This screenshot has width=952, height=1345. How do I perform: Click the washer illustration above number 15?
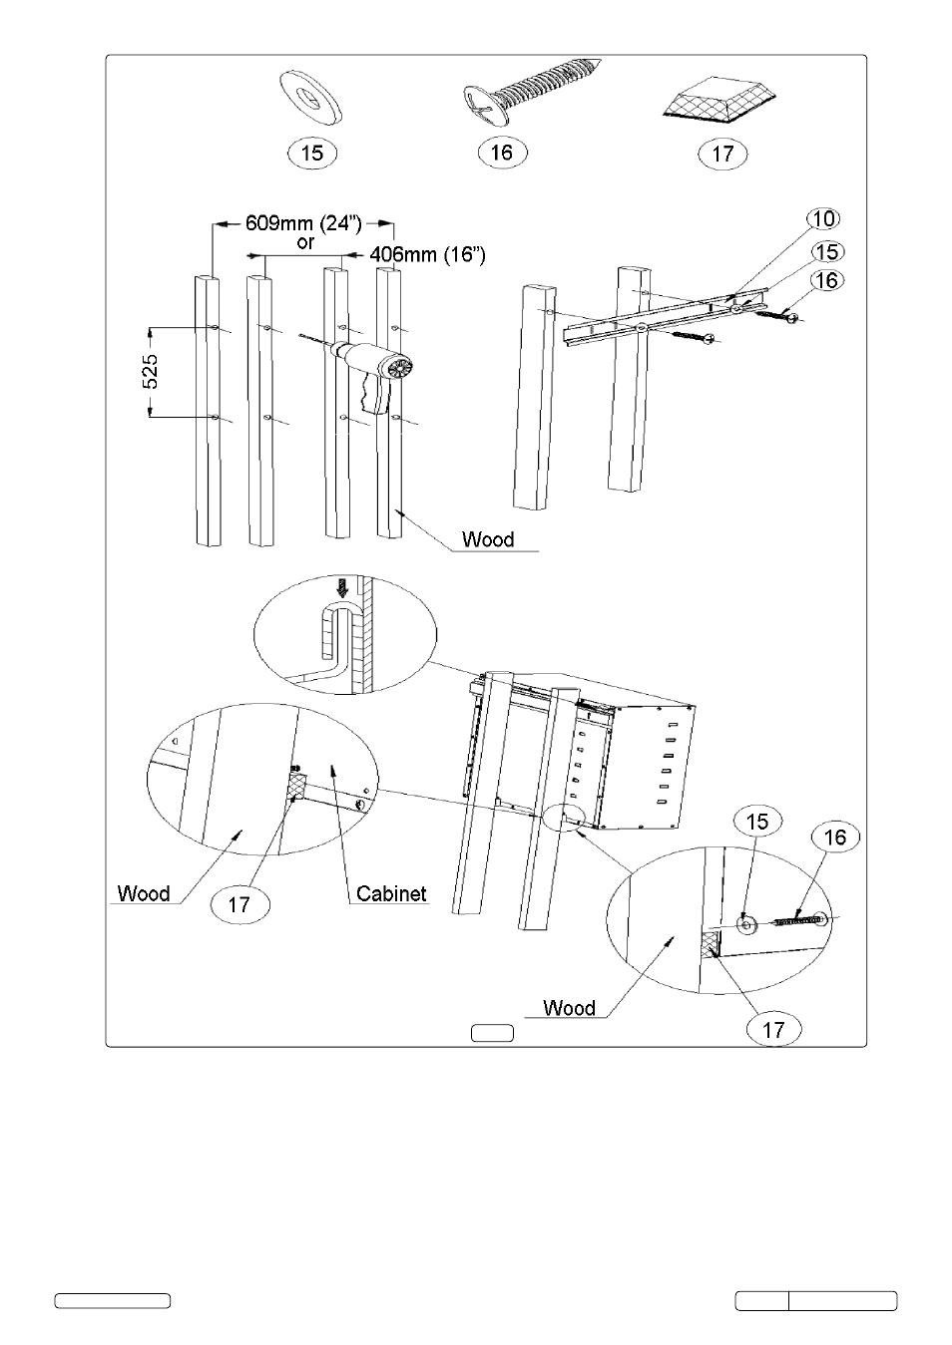coord(310,98)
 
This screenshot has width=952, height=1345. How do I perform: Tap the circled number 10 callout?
coord(823,218)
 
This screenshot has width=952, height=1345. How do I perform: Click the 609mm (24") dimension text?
coord(303,223)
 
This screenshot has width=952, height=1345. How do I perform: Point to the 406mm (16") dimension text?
coord(427,254)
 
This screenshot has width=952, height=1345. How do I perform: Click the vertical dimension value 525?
coord(151,371)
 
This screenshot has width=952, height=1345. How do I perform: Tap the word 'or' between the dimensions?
coord(305,243)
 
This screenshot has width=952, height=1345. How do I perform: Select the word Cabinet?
coord(391,893)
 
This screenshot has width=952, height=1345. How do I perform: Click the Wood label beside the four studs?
coord(487,539)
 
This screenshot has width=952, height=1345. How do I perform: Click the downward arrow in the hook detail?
coord(342,588)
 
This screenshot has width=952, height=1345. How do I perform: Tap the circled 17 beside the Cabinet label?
coord(239,904)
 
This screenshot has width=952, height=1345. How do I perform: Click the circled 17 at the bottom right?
coord(773,1030)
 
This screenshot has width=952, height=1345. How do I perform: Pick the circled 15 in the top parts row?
coord(312,154)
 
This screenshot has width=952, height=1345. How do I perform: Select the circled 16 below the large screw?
coord(502,153)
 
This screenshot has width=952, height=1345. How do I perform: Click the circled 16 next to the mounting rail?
coord(827,280)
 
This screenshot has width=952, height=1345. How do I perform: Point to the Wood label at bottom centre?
coord(569,1008)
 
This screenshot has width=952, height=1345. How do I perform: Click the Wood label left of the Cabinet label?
coord(144,893)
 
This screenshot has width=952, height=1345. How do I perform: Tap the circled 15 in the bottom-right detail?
coord(757,822)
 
